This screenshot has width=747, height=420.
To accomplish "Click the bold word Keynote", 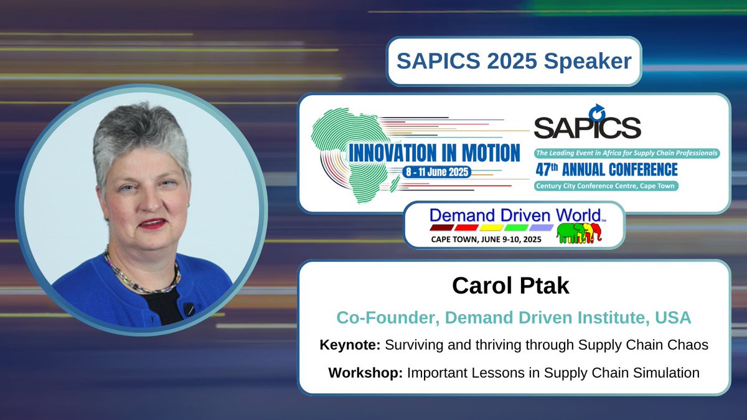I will coord(350,345).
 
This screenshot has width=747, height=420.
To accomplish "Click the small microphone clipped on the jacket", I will coord(189,309).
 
